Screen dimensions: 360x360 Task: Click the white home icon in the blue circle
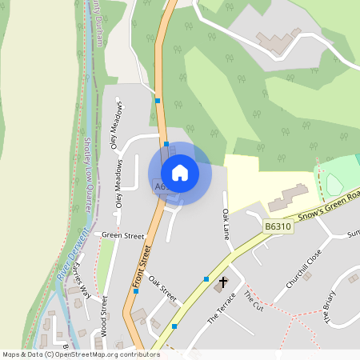pos(180,173)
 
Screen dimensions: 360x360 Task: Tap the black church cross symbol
pos(223,282)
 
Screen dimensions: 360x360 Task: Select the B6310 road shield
pos(278,228)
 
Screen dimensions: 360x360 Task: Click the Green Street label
pos(122,236)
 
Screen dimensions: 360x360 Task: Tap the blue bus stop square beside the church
pos(206,279)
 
